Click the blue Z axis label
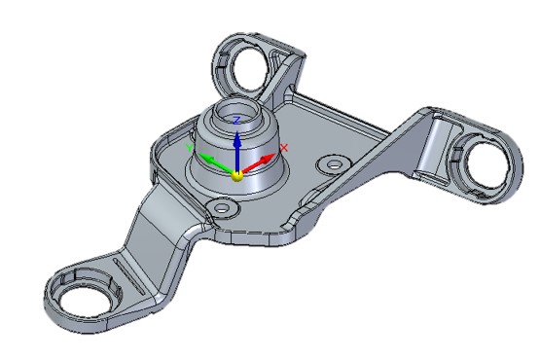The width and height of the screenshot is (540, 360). coord(236,120)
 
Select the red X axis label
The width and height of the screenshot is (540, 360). coord(284,148)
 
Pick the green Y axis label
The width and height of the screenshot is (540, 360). coord(190,147)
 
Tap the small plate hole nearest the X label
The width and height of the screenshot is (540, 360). coord(334,164)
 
